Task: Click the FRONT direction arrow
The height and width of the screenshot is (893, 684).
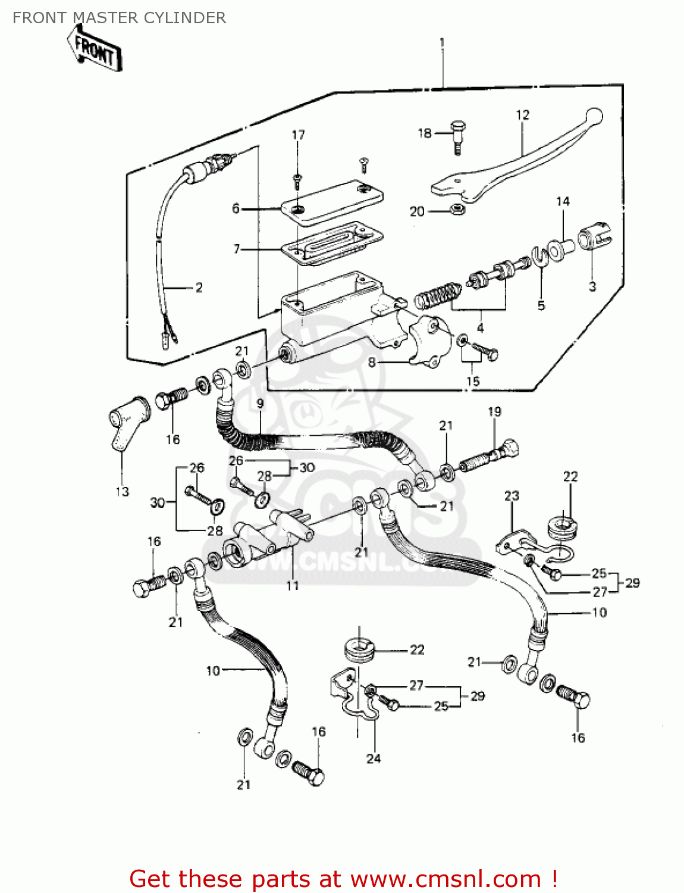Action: [x=95, y=51]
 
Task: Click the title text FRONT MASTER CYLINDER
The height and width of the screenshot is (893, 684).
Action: [x=119, y=18]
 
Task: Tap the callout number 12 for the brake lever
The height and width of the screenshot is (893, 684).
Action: [x=522, y=115]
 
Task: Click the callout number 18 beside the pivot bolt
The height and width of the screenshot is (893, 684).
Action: [x=424, y=133]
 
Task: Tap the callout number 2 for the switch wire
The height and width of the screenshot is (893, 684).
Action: [x=199, y=288]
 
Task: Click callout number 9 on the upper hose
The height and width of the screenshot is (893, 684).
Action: [x=260, y=404]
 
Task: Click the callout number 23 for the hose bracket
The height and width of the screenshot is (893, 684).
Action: [x=512, y=495]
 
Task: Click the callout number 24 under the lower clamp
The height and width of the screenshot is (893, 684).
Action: [x=373, y=758]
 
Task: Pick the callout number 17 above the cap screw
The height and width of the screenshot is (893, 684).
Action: [x=298, y=135]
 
